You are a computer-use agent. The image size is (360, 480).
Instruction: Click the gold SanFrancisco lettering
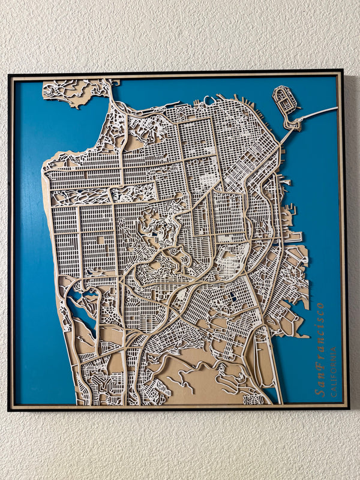pos(320,349)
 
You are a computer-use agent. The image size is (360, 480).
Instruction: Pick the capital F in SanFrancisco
pos(320,359)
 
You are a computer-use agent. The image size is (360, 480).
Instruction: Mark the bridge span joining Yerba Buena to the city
pos(284,135)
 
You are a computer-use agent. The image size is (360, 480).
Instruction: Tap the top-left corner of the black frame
pos(9,75)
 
